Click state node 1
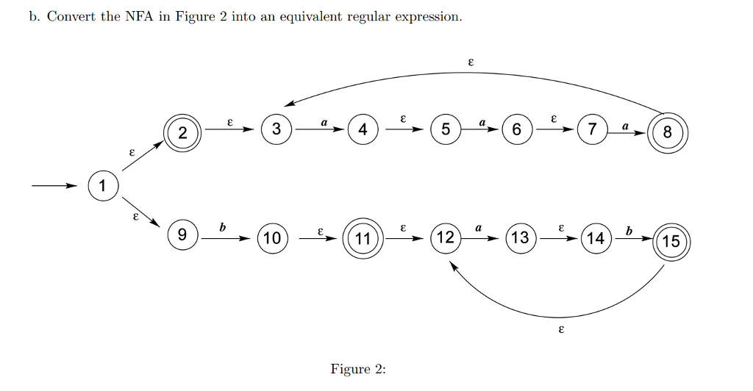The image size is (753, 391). click(103, 186)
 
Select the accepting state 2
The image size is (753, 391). click(182, 132)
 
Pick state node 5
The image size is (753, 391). click(446, 130)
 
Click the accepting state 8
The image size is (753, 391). click(667, 132)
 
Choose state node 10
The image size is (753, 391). click(272, 238)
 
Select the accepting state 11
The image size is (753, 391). click(362, 238)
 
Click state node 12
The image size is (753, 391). click(446, 238)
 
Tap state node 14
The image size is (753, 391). click(597, 238)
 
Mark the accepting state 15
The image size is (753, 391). click(671, 240)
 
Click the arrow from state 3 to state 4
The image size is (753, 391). click(320, 130)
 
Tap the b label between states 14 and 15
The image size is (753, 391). click(628, 231)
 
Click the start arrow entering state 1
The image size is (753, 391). click(55, 186)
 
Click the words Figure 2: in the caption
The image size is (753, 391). click(358, 369)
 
